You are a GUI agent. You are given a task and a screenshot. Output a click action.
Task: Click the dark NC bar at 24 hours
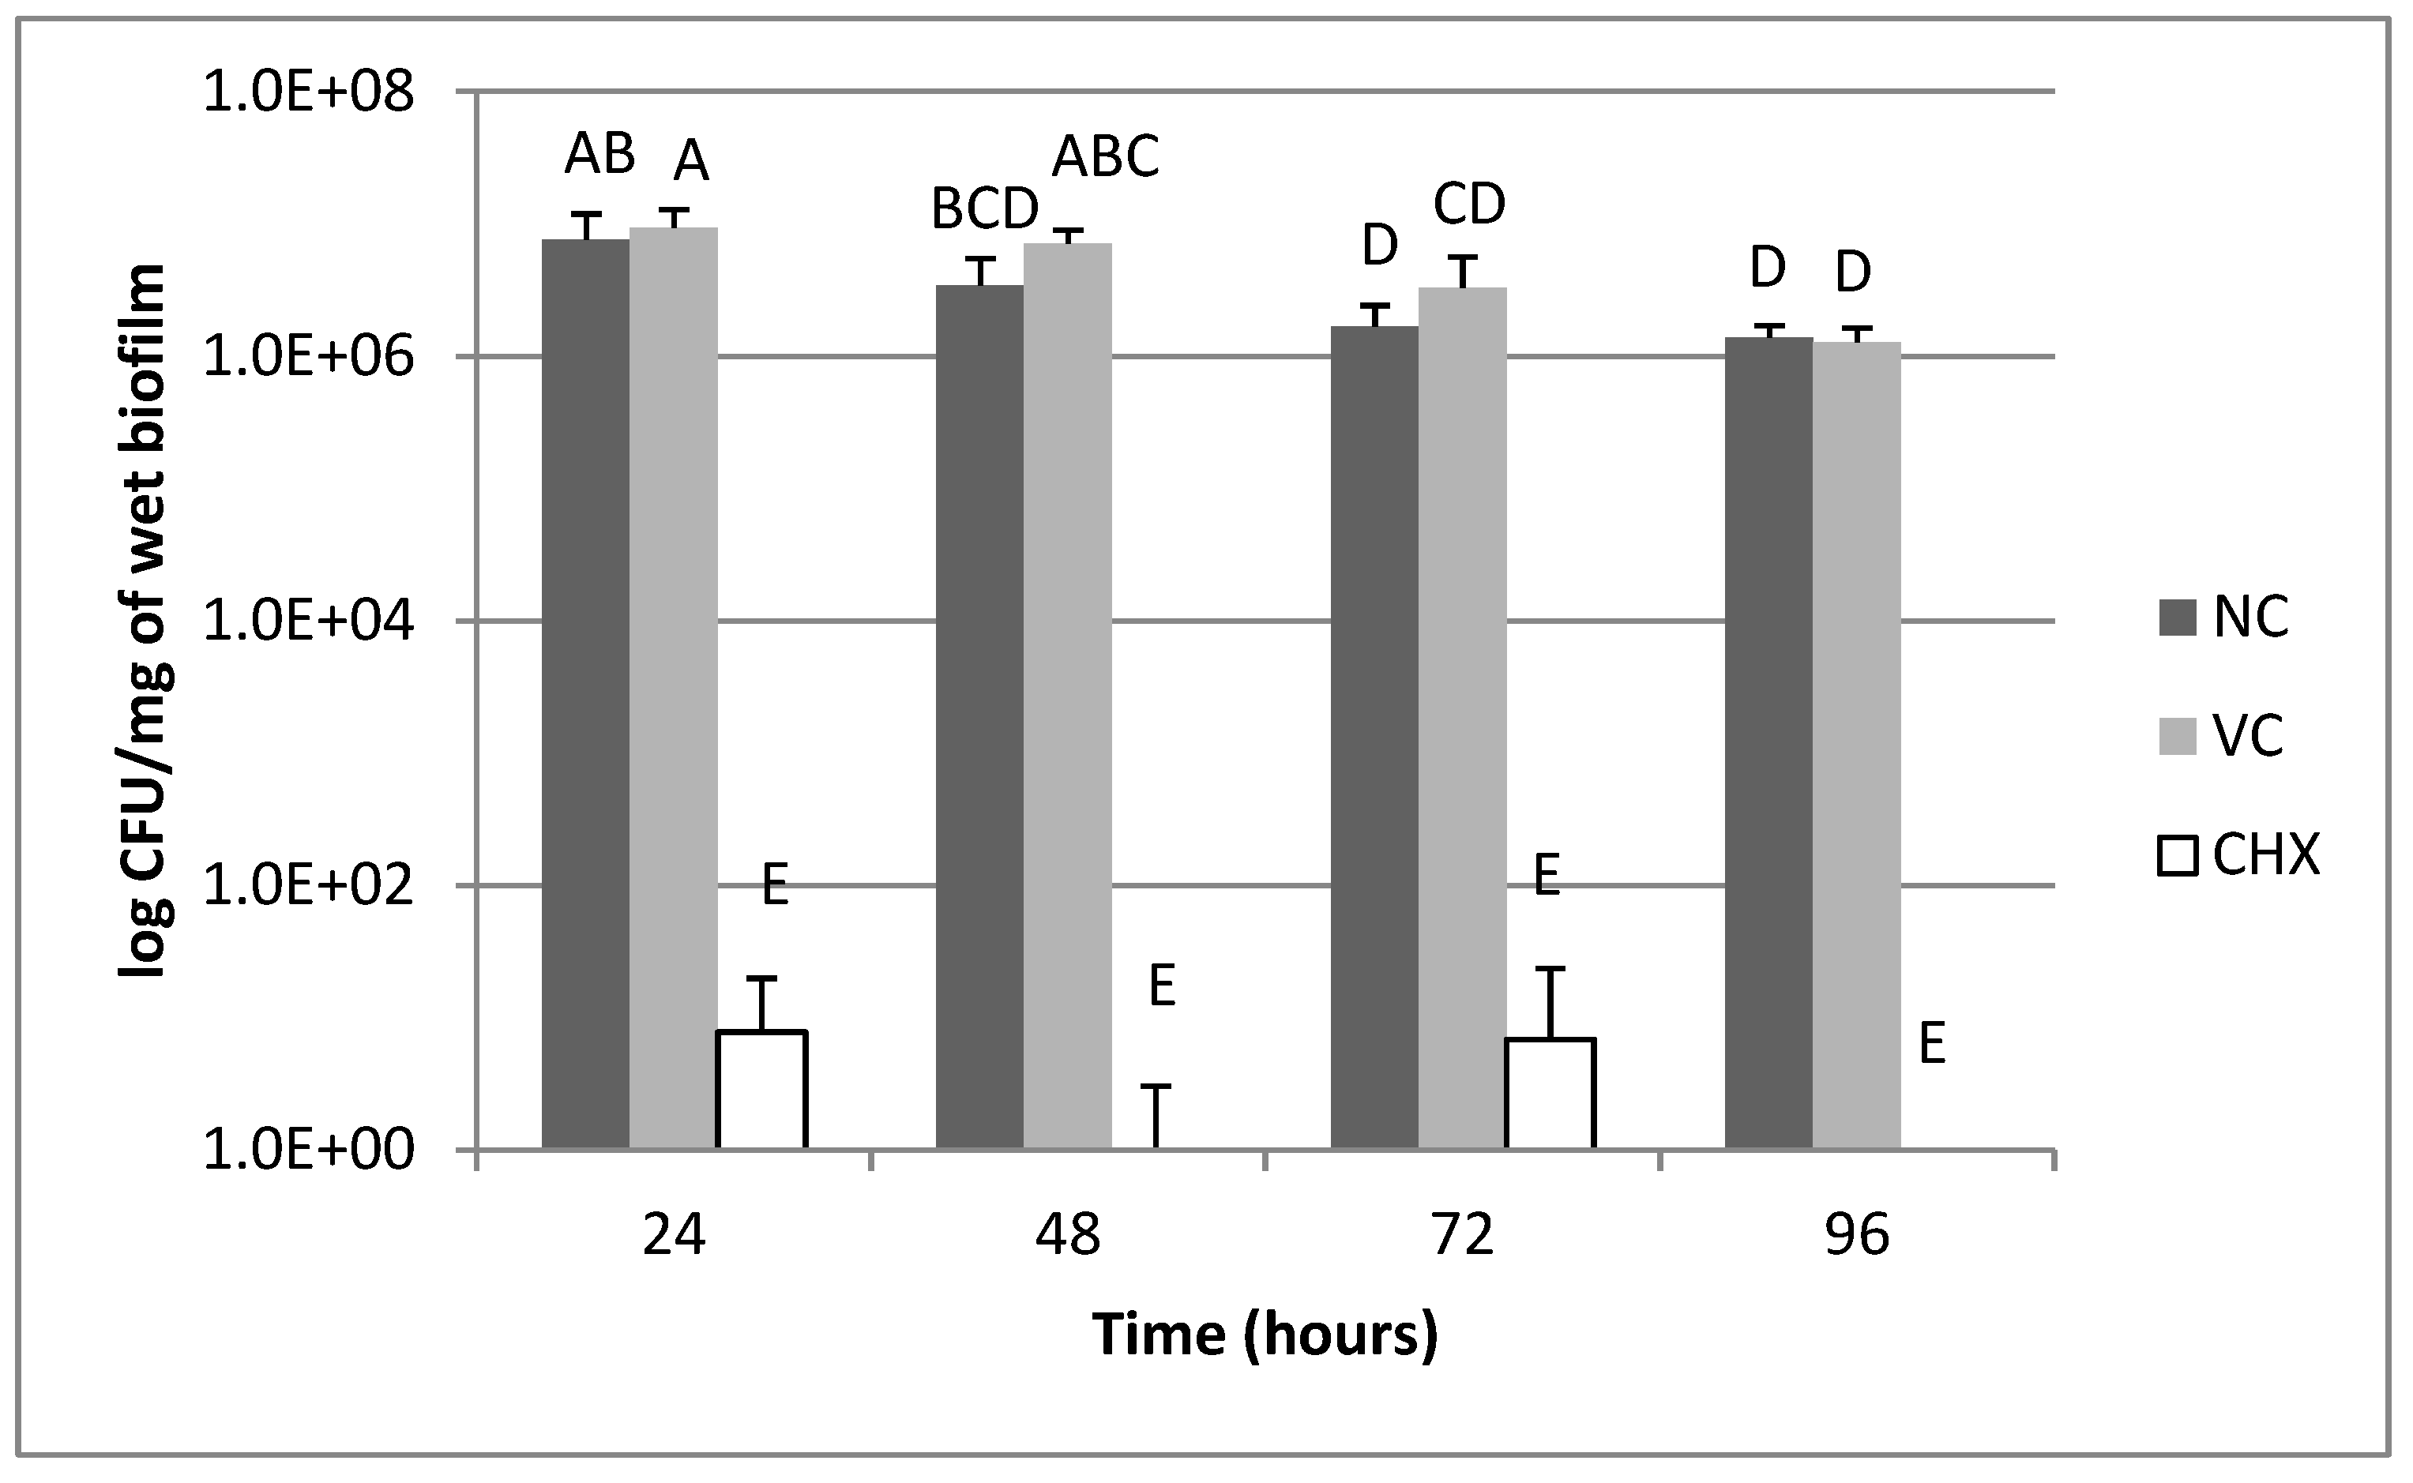(585, 693)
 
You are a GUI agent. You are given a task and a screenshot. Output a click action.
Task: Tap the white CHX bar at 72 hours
(1550, 1093)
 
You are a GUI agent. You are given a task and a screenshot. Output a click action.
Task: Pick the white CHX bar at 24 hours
(761, 1089)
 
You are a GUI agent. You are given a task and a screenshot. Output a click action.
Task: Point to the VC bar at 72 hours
(1461, 716)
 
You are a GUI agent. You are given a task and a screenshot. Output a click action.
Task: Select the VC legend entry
(2221, 736)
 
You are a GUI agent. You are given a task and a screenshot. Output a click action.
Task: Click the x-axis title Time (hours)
(1265, 1336)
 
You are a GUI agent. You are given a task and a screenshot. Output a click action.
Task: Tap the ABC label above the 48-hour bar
(1106, 157)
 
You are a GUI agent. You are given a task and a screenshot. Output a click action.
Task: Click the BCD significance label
(984, 209)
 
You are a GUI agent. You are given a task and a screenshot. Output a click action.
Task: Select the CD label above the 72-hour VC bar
(1468, 204)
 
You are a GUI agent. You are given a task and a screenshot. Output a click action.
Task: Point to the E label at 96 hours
(1931, 1045)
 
